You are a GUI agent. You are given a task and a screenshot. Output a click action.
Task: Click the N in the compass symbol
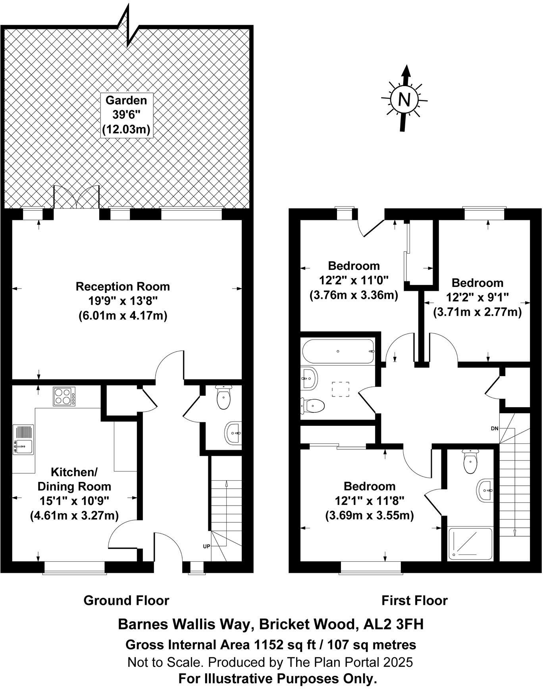click(404, 99)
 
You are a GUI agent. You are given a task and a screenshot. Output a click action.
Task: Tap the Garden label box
click(126, 115)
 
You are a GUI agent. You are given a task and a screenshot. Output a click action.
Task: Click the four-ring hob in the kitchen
click(64, 396)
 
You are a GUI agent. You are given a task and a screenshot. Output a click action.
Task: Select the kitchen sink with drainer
click(23, 440)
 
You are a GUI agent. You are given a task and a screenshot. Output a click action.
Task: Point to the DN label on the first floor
click(494, 429)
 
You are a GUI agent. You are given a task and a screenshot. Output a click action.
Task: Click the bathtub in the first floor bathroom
click(338, 351)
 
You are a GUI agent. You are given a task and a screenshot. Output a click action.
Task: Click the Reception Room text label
click(123, 287)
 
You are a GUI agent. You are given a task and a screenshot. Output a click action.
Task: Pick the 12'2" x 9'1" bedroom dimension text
click(477, 297)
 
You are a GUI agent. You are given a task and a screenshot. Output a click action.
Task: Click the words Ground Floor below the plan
click(126, 600)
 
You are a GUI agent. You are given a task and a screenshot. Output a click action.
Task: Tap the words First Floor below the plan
click(414, 600)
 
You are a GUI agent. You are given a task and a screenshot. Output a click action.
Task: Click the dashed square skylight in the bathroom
click(340, 389)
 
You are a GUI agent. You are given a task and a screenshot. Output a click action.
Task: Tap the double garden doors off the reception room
click(76, 197)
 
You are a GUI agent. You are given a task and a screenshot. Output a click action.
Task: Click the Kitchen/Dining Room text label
click(74, 479)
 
